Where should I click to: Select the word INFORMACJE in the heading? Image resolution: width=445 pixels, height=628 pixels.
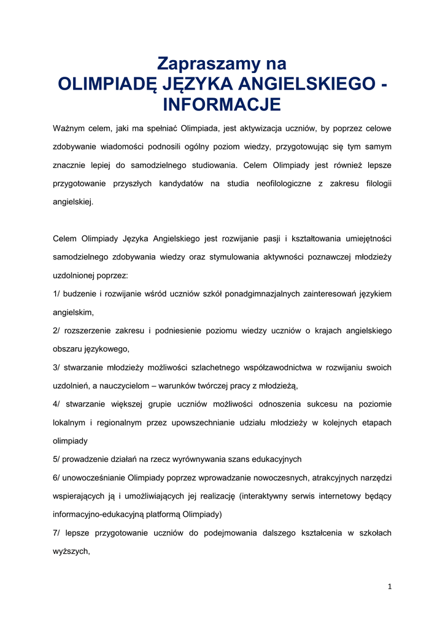[x=222, y=104]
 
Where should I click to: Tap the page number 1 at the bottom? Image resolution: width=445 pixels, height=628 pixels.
[x=389, y=587]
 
